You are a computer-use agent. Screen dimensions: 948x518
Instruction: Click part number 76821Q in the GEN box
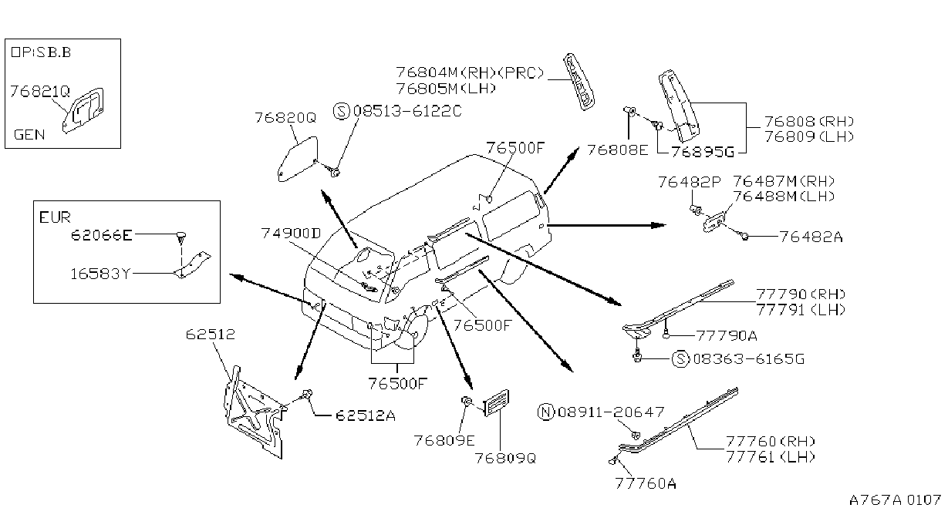[40, 91]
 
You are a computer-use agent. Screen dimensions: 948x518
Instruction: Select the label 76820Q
[285, 118]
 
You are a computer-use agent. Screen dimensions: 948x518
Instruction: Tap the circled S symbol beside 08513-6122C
[342, 111]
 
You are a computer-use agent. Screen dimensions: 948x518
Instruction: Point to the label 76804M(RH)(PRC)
[470, 72]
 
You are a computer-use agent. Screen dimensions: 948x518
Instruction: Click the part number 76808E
[617, 150]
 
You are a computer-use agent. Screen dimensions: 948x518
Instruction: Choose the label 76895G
[703, 151]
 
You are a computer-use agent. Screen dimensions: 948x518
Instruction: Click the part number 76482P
[690, 182]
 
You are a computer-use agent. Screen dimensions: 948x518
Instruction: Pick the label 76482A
[811, 237]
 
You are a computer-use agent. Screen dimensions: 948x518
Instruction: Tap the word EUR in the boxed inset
[55, 217]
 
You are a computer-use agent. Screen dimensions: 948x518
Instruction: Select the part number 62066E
[102, 234]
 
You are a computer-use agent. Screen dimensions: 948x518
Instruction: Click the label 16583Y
[100, 274]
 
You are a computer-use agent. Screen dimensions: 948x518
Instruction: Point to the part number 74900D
[291, 233]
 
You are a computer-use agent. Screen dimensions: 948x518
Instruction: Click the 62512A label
[366, 415]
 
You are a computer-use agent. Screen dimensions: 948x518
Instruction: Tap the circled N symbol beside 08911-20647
[546, 412]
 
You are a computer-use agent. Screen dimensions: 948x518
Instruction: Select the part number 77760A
[646, 483]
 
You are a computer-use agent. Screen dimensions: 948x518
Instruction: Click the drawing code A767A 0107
[895, 500]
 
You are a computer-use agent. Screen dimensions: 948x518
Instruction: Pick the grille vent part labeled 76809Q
[496, 402]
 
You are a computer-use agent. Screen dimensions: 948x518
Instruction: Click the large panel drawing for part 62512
[255, 412]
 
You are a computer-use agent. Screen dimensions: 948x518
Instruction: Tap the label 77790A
[727, 336]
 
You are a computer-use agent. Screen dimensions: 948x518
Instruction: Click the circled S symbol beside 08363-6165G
[680, 359]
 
